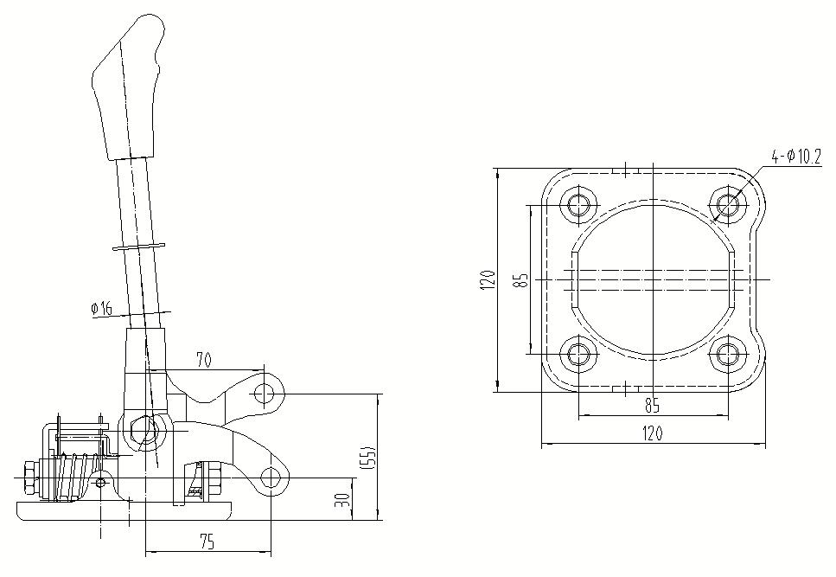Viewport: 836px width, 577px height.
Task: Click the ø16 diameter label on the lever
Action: pyautogui.click(x=101, y=308)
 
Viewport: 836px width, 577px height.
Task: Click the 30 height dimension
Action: pyautogui.click(x=342, y=500)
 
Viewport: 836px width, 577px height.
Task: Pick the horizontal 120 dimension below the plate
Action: pyautogui.click(x=653, y=434)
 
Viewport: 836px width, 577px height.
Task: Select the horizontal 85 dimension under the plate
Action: pyautogui.click(x=653, y=404)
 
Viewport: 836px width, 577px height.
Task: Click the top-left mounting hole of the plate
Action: pyautogui.click(x=578, y=206)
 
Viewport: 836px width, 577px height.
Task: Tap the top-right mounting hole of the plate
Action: pyautogui.click(x=727, y=206)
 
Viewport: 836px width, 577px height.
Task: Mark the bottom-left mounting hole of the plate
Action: pyautogui.click(x=578, y=354)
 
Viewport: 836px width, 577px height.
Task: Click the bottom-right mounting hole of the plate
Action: pyautogui.click(x=727, y=354)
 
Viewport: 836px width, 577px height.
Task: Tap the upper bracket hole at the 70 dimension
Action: pyautogui.click(x=265, y=394)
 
